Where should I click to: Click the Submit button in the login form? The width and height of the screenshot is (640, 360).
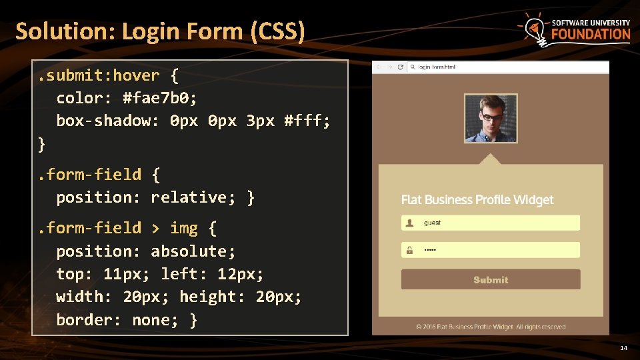(x=491, y=280)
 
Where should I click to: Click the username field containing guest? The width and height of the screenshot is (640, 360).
(x=491, y=223)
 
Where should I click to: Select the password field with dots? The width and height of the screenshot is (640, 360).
(x=491, y=250)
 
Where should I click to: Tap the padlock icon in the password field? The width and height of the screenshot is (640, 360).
(x=409, y=251)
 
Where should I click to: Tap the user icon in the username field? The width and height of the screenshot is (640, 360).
(x=409, y=223)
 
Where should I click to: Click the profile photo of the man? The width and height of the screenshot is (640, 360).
(x=491, y=118)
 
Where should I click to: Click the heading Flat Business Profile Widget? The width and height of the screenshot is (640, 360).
(x=477, y=199)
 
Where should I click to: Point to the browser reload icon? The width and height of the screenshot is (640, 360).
(x=400, y=67)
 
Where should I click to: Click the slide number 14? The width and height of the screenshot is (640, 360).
(x=623, y=348)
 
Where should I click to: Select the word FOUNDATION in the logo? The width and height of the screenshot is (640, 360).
(x=591, y=35)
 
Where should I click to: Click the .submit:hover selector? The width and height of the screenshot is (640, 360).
(x=99, y=75)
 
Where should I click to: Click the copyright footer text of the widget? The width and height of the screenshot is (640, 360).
(x=491, y=327)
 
